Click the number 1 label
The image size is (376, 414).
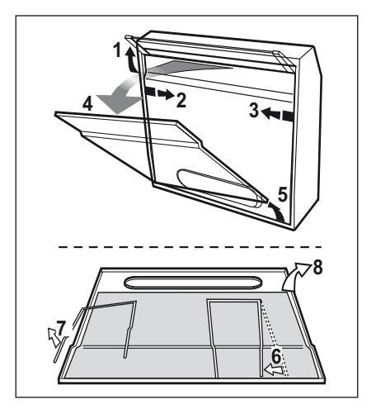tap(118, 50)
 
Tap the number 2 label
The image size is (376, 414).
tap(181, 100)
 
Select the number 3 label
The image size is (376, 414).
tap(254, 110)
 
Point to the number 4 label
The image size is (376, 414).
tap(88, 104)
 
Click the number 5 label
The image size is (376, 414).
tap(283, 194)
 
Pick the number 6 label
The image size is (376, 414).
tap(276, 356)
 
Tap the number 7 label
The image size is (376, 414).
tap(61, 327)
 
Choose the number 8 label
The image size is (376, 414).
tap(317, 268)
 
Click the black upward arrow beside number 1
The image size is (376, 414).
tap(129, 61)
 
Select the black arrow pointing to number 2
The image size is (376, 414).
tap(159, 93)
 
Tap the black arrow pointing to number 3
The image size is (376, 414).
tap(277, 113)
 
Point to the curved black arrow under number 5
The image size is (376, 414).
tap(276, 212)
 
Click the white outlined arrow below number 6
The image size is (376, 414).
tap(274, 370)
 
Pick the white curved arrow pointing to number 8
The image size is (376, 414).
tap(296, 278)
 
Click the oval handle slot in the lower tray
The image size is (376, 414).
tap(193, 283)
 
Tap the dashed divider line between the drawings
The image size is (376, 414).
tap(190, 247)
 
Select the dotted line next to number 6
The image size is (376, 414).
tap(275, 339)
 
